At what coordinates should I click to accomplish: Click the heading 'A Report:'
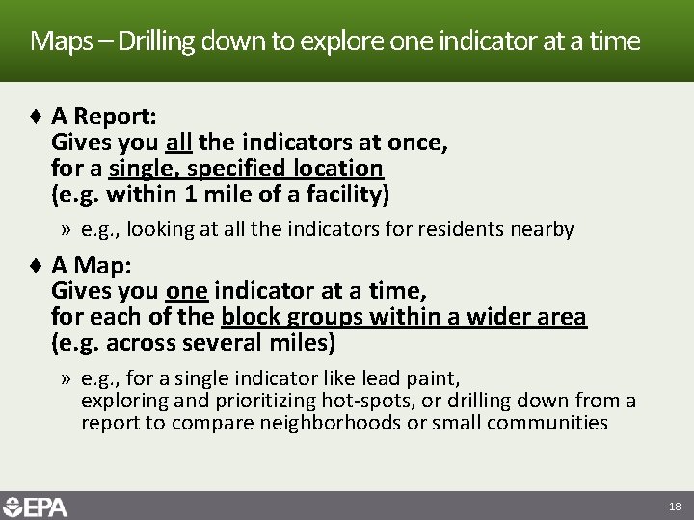coord(103,117)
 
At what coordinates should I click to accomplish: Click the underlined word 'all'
coord(179,143)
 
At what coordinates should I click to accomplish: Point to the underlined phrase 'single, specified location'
coord(246,169)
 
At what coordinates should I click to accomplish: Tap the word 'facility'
coord(344,195)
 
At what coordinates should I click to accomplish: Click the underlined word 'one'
coord(187,290)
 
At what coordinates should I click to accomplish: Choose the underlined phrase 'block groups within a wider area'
coord(403,316)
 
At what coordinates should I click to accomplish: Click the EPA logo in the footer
coord(36,507)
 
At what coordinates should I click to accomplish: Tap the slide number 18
coord(674,507)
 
